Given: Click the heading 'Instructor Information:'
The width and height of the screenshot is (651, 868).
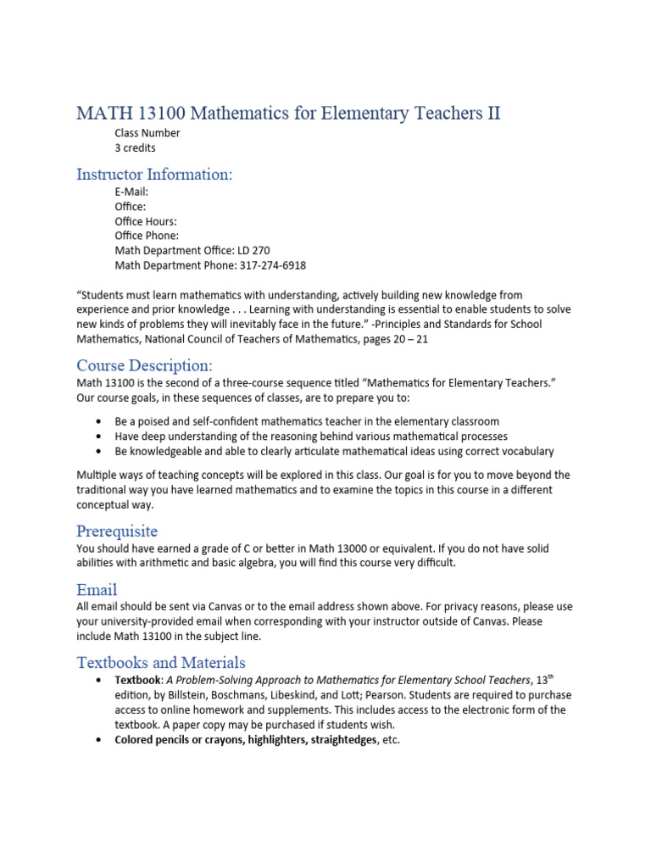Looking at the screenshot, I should [x=154, y=174].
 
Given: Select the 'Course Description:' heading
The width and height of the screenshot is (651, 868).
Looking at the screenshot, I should [x=144, y=365].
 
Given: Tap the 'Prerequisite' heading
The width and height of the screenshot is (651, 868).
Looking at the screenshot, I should [x=117, y=531].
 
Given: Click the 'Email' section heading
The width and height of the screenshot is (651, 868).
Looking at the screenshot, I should [x=97, y=589].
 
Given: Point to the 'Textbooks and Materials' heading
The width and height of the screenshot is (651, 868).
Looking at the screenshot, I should [x=161, y=662].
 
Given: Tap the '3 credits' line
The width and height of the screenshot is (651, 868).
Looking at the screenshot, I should [x=136, y=147].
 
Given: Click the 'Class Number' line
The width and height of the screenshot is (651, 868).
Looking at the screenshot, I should [x=147, y=133].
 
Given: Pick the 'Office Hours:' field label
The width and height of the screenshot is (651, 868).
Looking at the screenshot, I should [x=146, y=221].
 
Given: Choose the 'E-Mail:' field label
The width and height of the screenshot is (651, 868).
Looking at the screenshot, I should [x=132, y=192].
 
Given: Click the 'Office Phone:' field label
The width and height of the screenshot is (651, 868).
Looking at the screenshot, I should [x=147, y=236].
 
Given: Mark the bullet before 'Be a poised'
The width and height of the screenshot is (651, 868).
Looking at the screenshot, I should [x=99, y=421].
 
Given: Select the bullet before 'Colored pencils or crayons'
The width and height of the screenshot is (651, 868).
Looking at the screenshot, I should [x=99, y=739].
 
